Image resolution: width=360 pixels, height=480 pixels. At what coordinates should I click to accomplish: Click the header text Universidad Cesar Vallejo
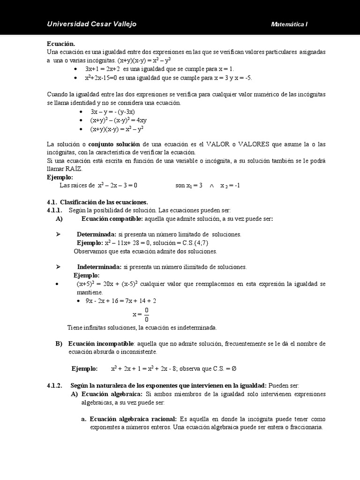92,24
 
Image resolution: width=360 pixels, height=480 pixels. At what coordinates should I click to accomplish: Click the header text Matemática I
289,24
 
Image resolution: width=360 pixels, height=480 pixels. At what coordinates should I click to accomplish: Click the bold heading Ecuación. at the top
61,43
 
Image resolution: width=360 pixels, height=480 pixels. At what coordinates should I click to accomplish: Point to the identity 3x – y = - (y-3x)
112,112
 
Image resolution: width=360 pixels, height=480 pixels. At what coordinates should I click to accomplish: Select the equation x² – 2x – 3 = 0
117,185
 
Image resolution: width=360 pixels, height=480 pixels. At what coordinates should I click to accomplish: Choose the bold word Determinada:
96,234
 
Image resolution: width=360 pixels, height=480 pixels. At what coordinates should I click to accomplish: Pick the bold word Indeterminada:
99,267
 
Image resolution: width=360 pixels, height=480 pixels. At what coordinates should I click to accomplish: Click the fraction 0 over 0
147,315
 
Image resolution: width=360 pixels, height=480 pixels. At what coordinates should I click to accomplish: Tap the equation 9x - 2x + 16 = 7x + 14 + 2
120,300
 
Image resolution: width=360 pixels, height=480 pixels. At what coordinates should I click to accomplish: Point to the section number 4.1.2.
54,385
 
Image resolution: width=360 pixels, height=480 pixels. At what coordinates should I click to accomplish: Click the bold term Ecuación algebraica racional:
133,419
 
